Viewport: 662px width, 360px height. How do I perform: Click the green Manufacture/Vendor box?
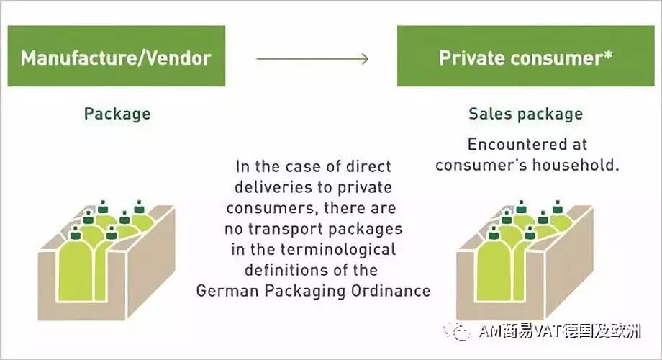pyautogui.click(x=116, y=56)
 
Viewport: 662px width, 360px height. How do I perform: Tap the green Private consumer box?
pyautogui.click(x=526, y=56)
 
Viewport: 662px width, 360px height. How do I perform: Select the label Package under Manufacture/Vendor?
pyautogui.click(x=117, y=114)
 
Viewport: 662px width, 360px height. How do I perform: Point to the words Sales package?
pyautogui.click(x=525, y=114)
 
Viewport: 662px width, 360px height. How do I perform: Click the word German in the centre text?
pyautogui.click(x=225, y=291)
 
